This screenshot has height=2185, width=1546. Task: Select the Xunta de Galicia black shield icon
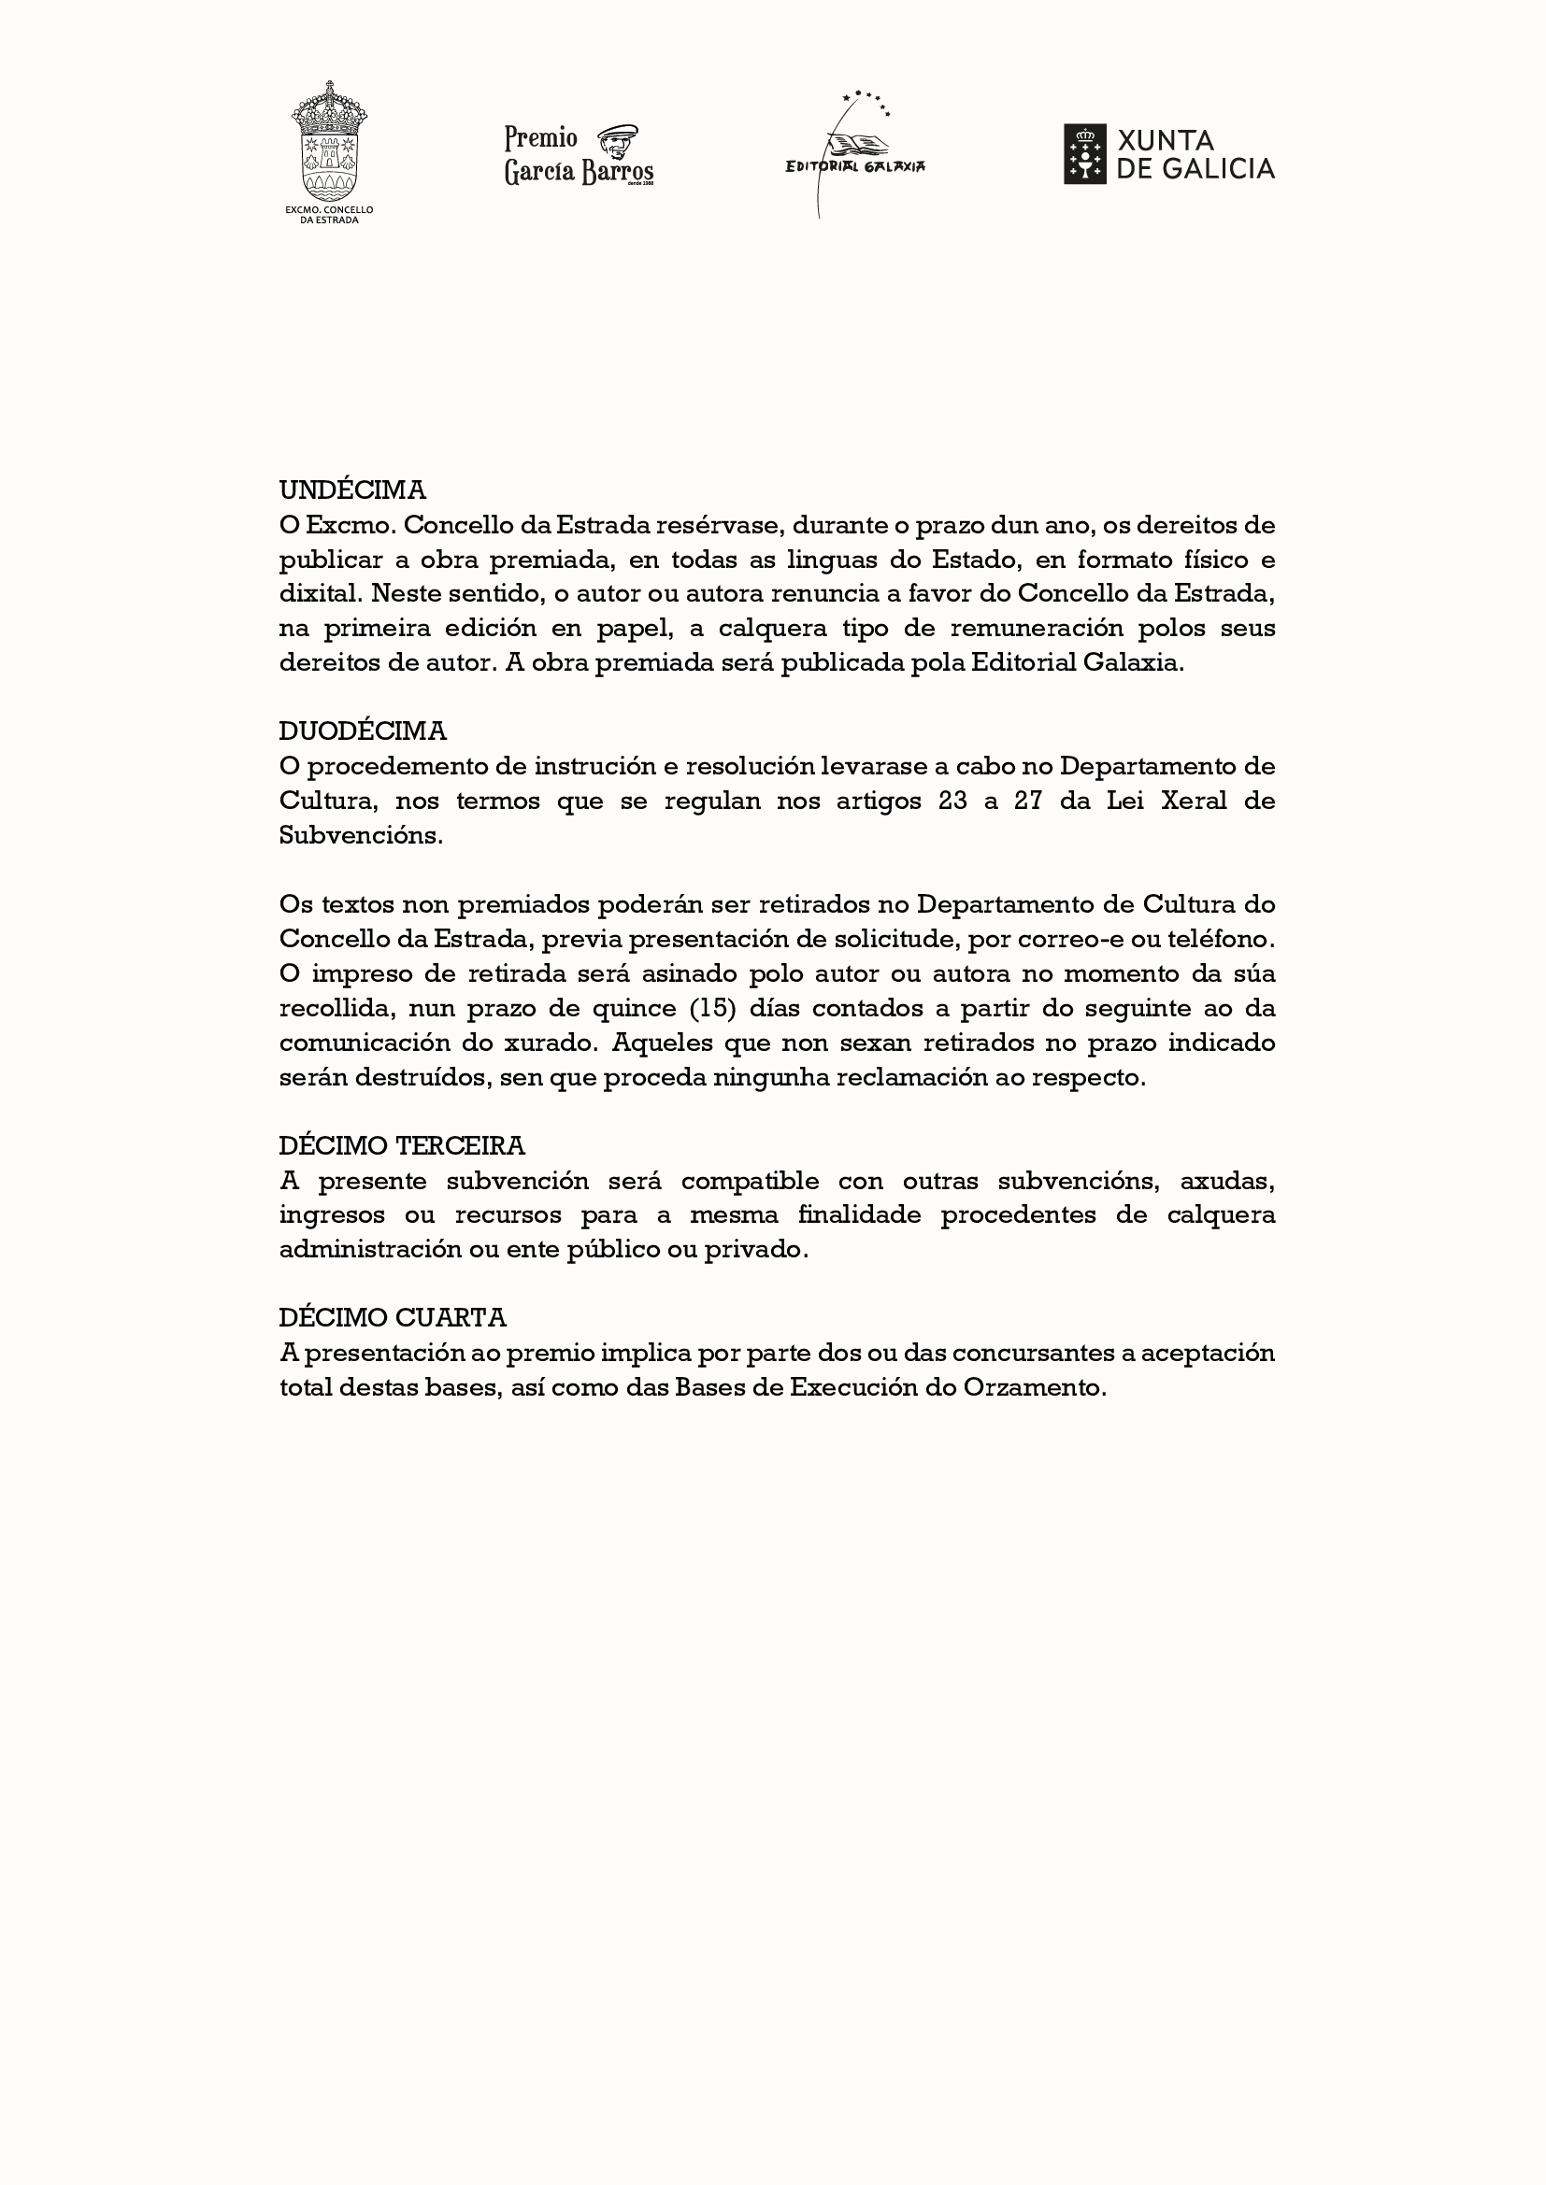click(1084, 154)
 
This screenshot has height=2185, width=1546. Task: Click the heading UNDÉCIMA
click(352, 490)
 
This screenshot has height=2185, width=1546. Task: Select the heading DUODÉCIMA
click(363, 731)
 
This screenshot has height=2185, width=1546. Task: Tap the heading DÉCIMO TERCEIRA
click(402, 1146)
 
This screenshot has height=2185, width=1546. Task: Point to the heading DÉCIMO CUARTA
click(393, 1318)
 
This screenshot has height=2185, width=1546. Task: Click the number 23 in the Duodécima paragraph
click(952, 802)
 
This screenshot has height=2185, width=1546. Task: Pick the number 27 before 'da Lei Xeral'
click(1028, 802)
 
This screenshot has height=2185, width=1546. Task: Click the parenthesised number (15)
click(713, 1009)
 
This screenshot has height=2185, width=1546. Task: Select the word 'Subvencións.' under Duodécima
click(361, 835)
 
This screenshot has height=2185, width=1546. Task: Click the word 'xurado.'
click(551, 1043)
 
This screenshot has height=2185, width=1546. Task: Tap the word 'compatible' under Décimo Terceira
click(750, 1181)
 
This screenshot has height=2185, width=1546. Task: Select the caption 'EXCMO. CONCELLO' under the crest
click(329, 209)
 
